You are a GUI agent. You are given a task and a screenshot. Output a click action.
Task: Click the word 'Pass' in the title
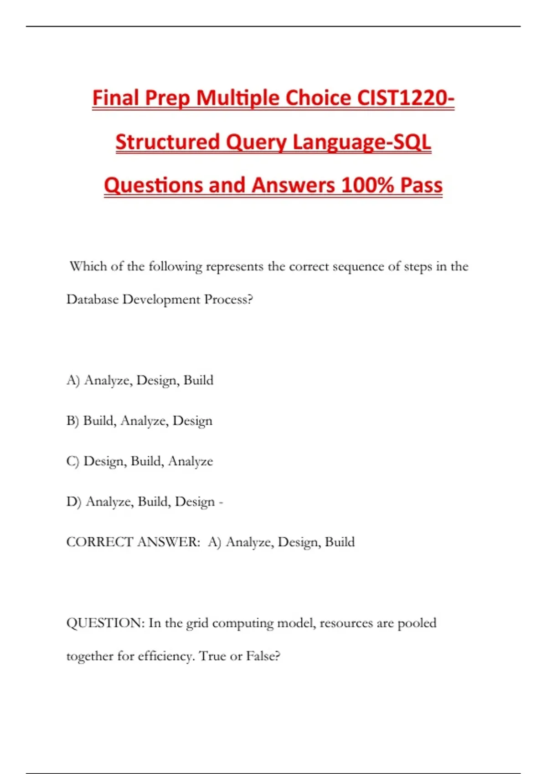pyautogui.click(x=421, y=185)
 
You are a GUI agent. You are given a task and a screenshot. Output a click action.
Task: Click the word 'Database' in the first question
pyautogui.click(x=92, y=299)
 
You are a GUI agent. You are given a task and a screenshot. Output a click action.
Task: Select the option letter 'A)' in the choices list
pyautogui.click(x=73, y=380)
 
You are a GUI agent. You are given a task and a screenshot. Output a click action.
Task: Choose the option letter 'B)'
pyautogui.click(x=72, y=421)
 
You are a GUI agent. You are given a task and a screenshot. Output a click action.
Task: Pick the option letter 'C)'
pyautogui.click(x=73, y=461)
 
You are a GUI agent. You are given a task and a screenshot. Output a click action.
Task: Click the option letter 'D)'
pyautogui.click(x=73, y=502)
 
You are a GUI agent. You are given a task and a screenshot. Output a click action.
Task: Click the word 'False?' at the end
pyautogui.click(x=263, y=656)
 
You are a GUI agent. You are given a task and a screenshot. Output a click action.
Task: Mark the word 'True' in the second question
pyautogui.click(x=212, y=656)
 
